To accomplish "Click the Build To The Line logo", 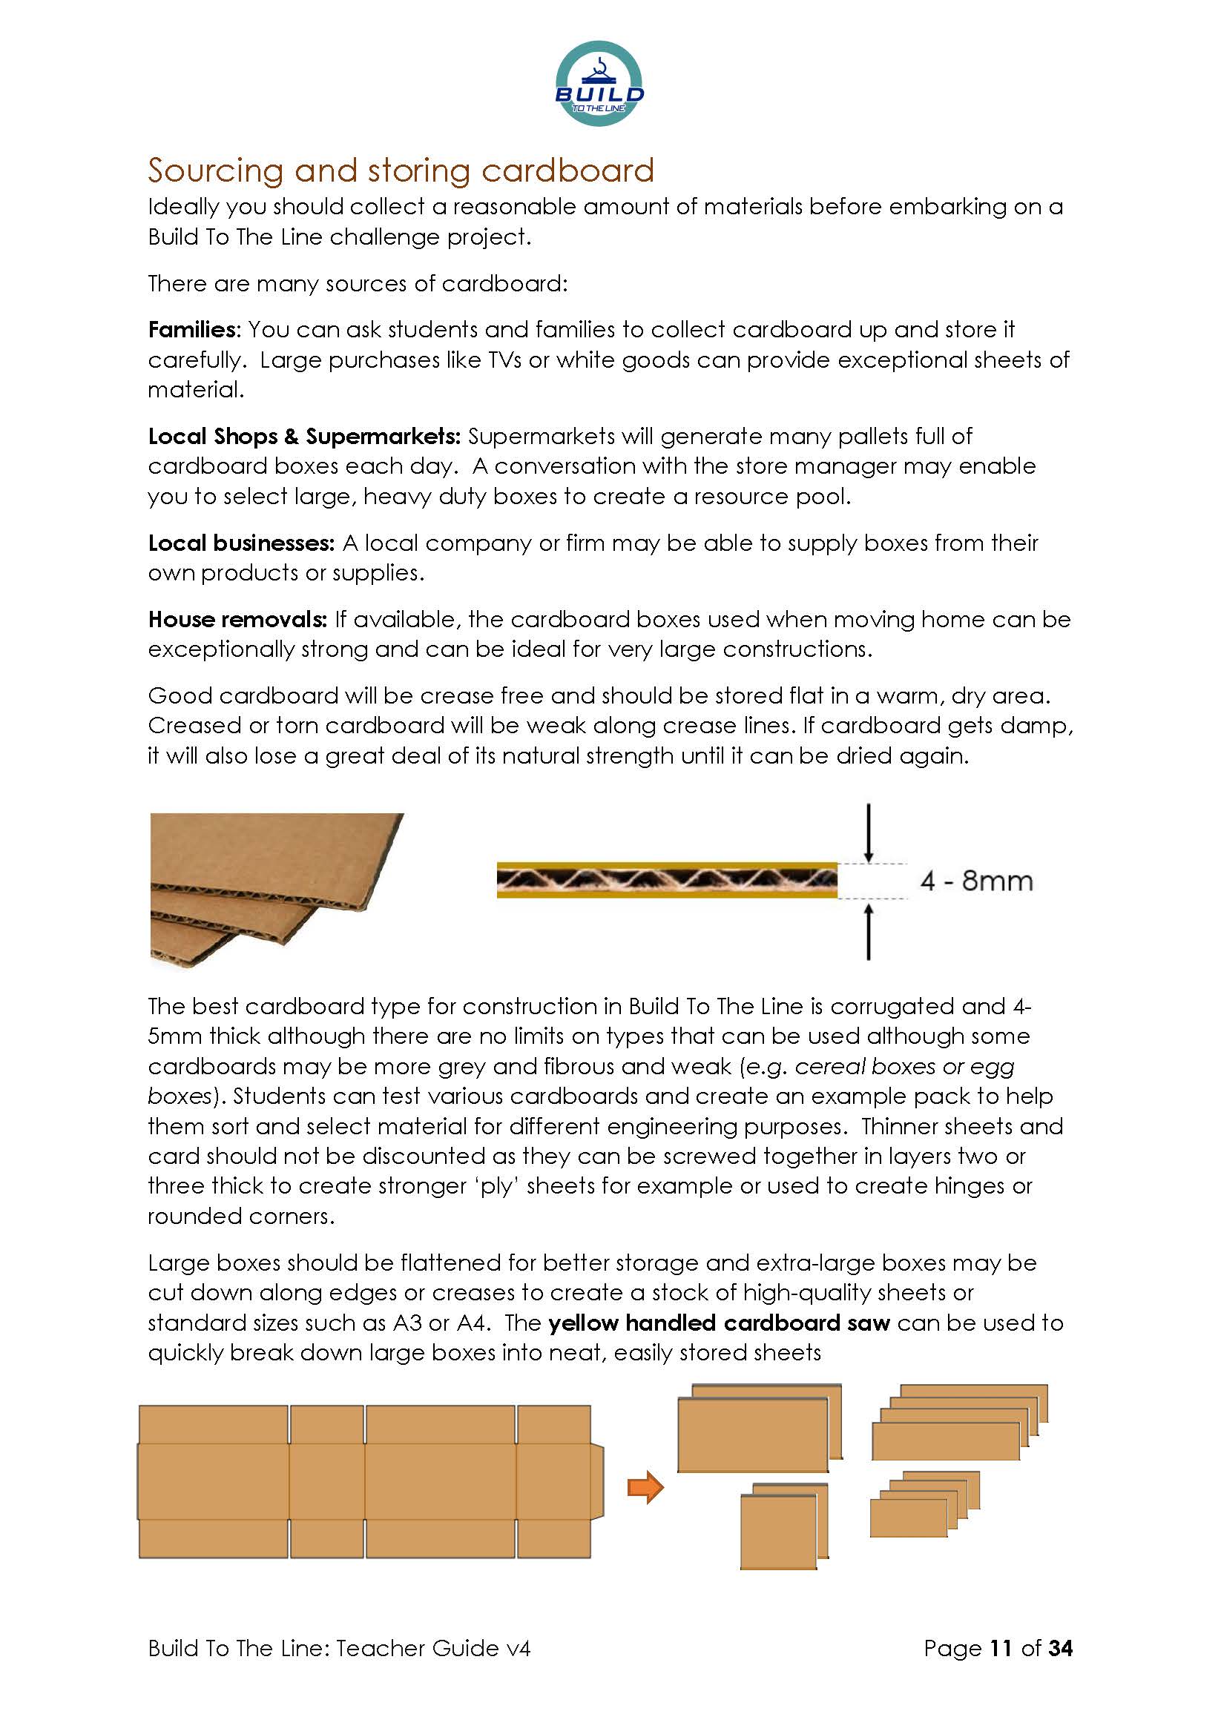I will (x=599, y=84).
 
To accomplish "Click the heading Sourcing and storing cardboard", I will (x=401, y=171).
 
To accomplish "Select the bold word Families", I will (x=193, y=330).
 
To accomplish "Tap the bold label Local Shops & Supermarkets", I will (x=303, y=437).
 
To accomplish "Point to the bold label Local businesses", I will (x=241, y=543).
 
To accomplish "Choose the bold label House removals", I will (x=237, y=619).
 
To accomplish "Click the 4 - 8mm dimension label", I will (x=976, y=881).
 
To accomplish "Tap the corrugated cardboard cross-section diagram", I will (x=666, y=880).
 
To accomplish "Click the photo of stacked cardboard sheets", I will (x=277, y=890).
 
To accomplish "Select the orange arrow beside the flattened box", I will (x=645, y=1488).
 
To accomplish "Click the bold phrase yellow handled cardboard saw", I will (x=720, y=1323).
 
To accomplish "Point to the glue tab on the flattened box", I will (x=598, y=1481).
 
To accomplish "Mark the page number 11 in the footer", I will (x=1001, y=1648).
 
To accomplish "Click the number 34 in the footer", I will (x=1060, y=1648).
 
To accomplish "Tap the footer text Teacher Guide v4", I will (x=433, y=1648).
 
